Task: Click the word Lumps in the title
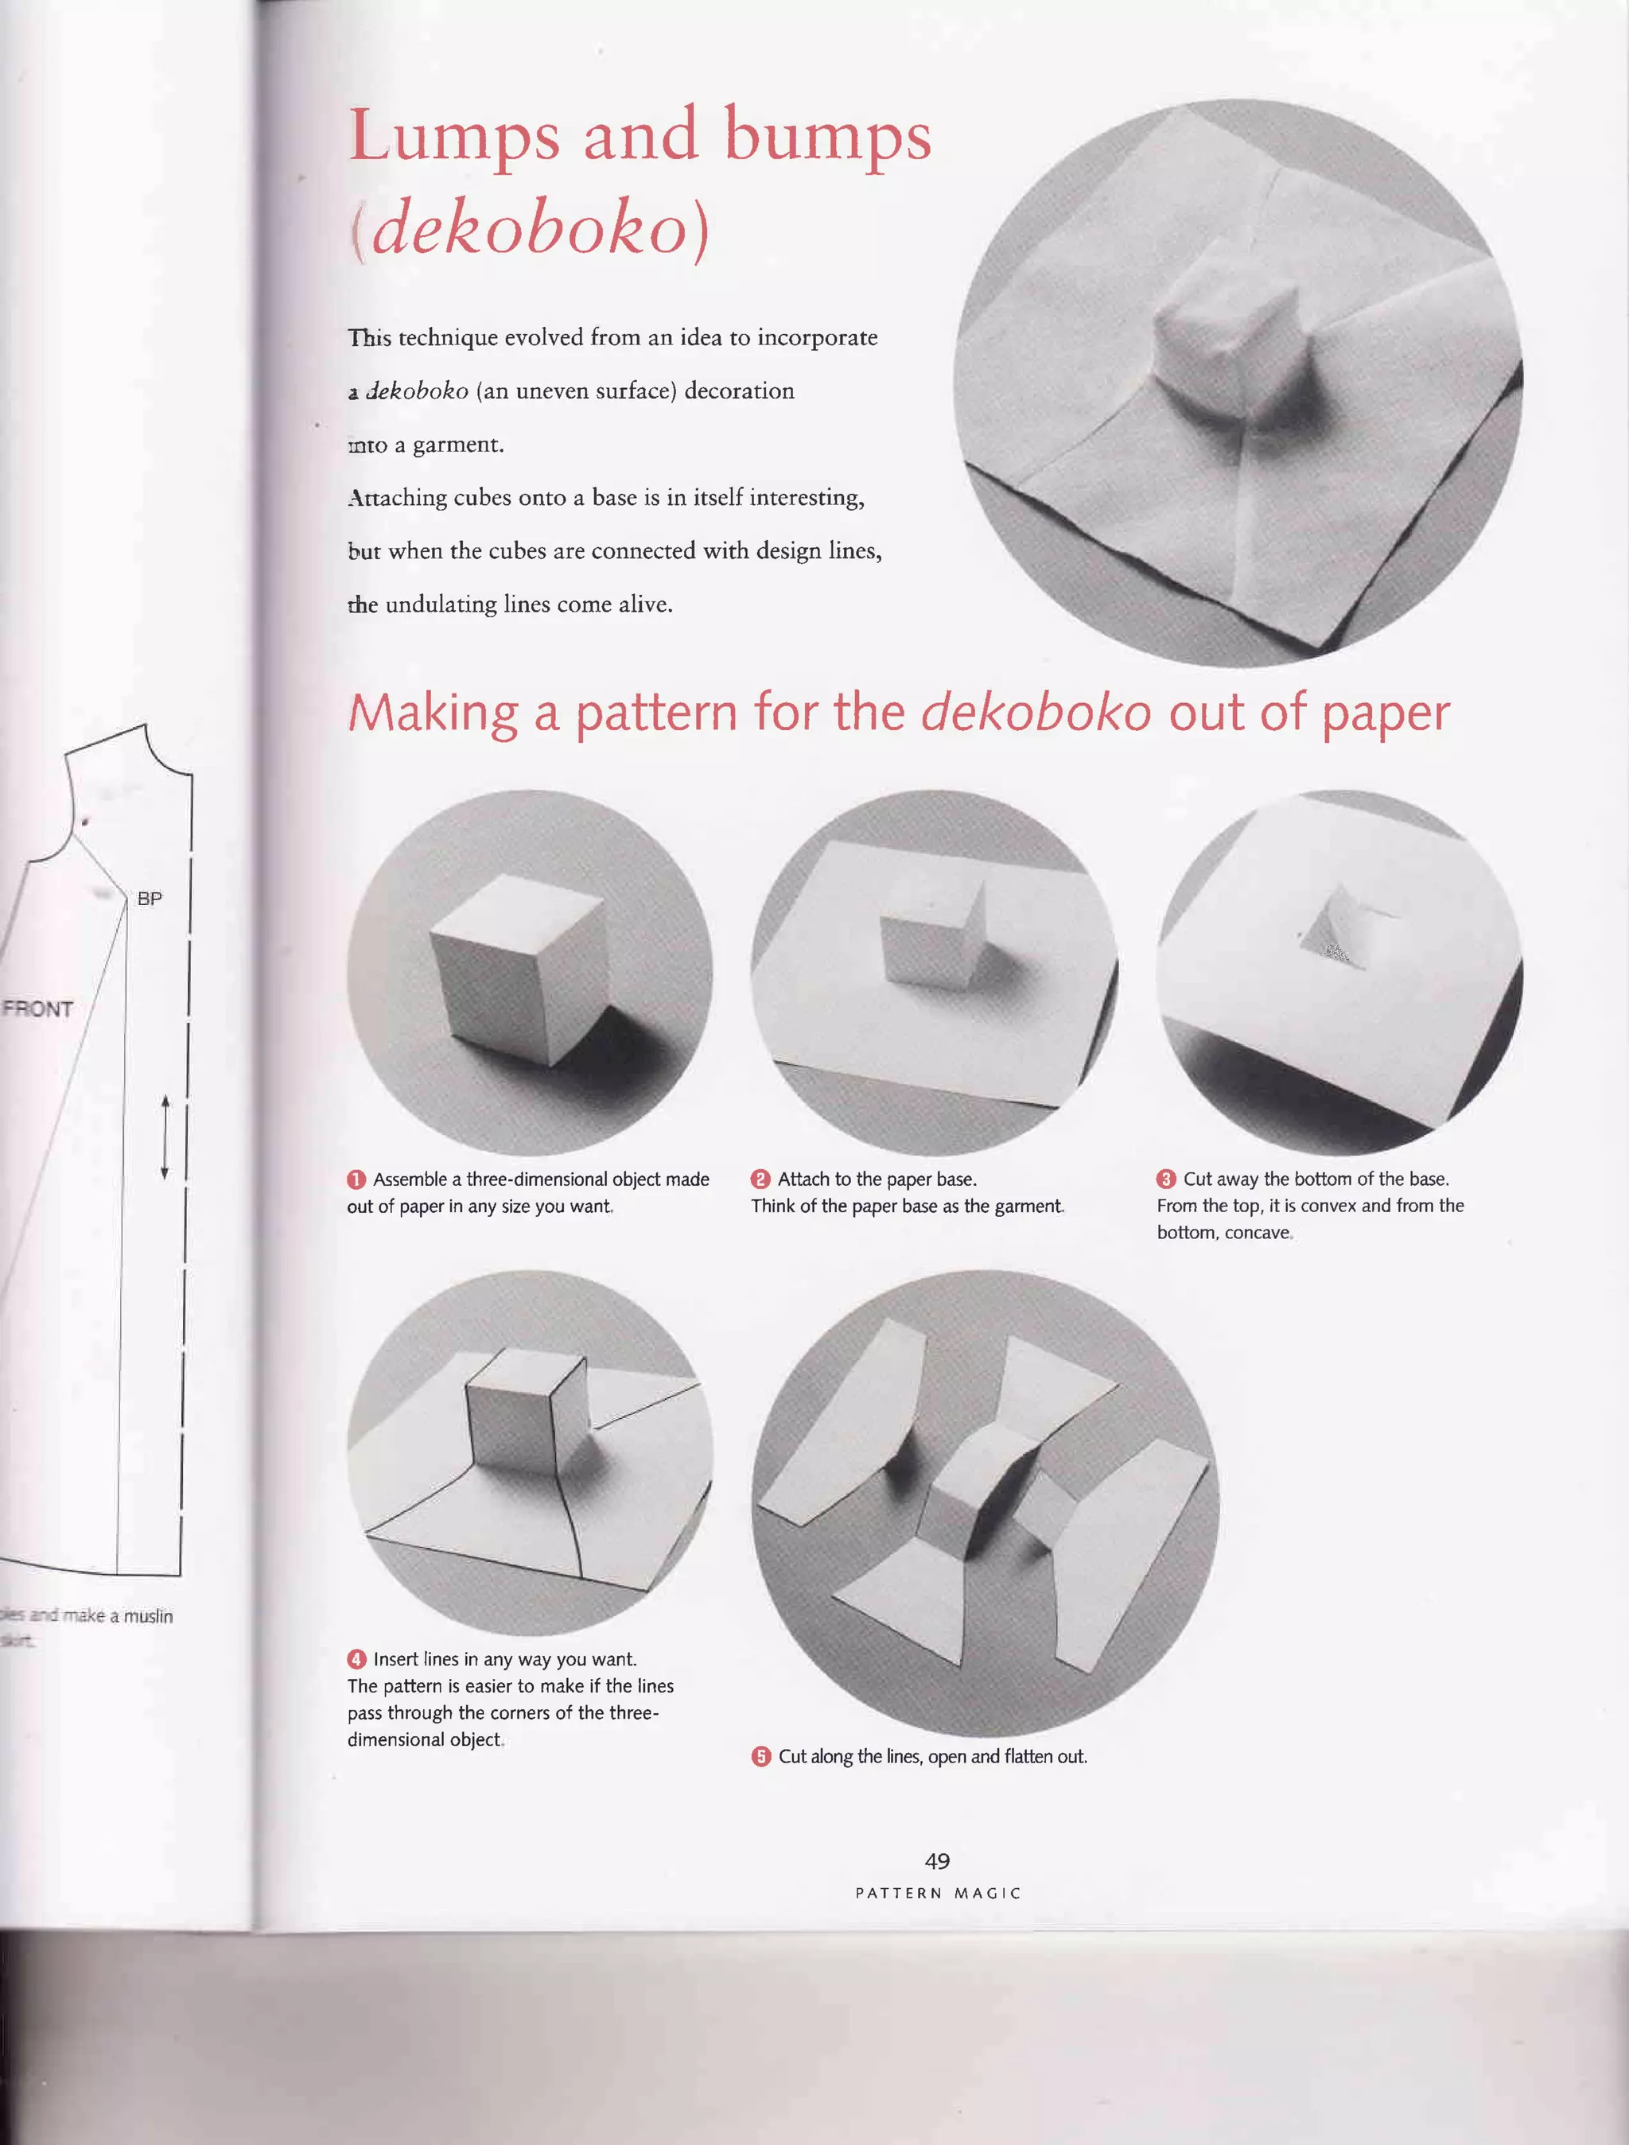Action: (x=454, y=138)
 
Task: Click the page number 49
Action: (x=937, y=1861)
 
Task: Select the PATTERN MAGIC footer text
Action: (x=938, y=1893)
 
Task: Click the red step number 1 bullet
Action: (x=356, y=1179)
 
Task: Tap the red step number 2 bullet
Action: (x=760, y=1179)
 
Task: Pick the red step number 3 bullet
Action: (x=1165, y=1179)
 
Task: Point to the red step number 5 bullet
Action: (x=761, y=1756)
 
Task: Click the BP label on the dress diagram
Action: (x=150, y=899)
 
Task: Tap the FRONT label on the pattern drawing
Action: (x=38, y=1008)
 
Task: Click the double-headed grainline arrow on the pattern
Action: (x=165, y=1137)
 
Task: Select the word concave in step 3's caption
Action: (x=1257, y=1233)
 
